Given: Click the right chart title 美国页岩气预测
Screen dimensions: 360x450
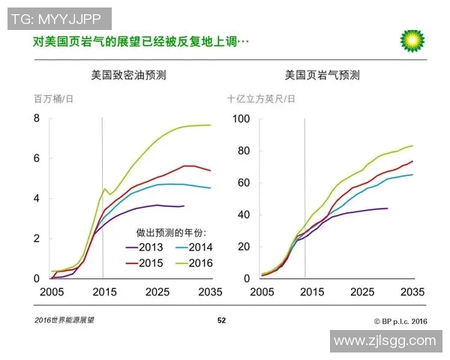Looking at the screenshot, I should pos(322,75).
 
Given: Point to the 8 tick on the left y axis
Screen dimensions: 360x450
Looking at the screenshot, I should pos(35,118).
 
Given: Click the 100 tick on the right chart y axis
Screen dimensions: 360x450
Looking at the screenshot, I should pos(240,118).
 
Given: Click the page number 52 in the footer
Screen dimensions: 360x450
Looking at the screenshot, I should pos(221,320).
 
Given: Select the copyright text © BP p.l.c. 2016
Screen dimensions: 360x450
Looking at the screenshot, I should pos(400,320).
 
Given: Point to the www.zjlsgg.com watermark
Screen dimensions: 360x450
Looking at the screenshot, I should pos(384,340).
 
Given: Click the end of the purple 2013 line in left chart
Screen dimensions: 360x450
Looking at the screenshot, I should pos(184,205).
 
